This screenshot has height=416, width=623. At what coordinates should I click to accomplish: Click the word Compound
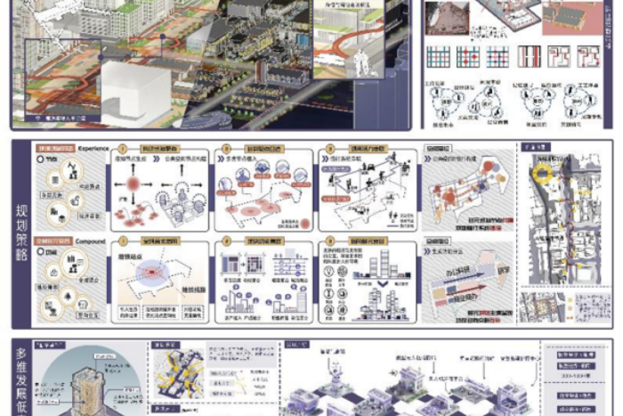[x=92, y=241]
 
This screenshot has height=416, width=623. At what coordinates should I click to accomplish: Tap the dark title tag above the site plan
[x=534, y=146]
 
